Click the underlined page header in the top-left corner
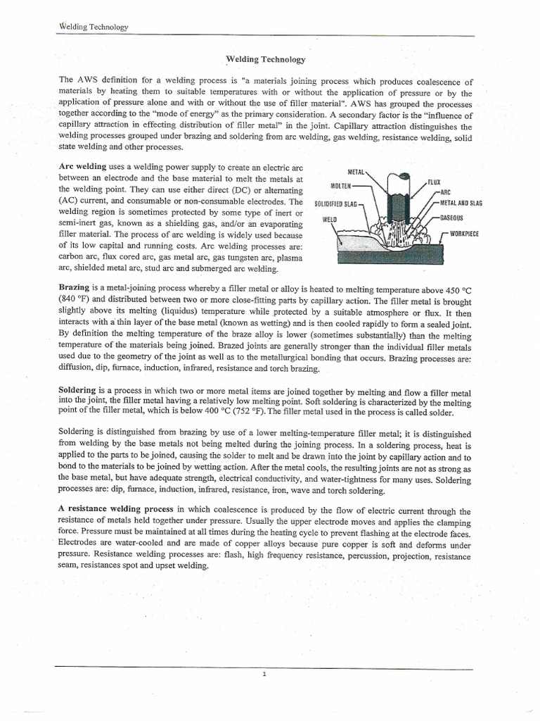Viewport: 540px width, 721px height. coord(93,27)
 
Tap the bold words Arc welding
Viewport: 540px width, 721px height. coord(83,165)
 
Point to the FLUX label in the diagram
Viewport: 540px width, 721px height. coord(434,182)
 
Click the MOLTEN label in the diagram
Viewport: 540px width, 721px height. coord(341,187)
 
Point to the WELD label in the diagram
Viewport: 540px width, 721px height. coord(330,219)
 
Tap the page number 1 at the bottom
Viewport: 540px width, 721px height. coord(264,675)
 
